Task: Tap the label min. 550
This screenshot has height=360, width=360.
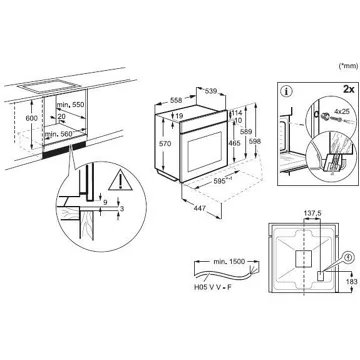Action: point(70,105)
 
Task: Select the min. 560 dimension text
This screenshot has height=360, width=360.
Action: point(58,134)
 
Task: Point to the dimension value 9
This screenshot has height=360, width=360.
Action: point(105,202)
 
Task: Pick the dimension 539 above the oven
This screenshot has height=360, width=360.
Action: point(210,91)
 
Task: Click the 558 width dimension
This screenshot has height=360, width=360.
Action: point(176,100)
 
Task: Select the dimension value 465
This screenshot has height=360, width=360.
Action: point(234,144)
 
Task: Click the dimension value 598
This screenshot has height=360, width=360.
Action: point(255,141)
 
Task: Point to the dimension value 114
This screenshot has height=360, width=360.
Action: point(236,113)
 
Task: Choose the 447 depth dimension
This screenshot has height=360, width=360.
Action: point(200,208)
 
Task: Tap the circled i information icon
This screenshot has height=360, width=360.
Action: point(286,91)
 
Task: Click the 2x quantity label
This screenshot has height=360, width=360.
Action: point(348,89)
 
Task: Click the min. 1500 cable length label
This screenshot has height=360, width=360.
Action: point(229,261)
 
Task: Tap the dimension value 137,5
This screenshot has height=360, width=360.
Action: point(312,213)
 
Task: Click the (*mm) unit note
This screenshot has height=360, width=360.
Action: point(348,66)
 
